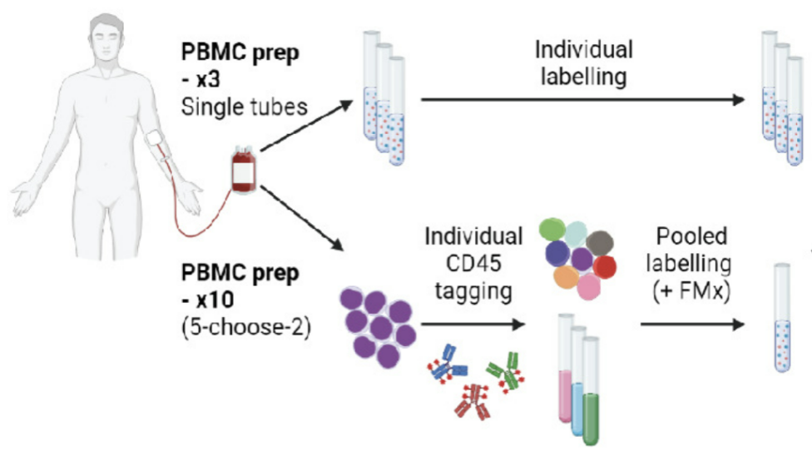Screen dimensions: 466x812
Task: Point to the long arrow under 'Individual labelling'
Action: (582, 100)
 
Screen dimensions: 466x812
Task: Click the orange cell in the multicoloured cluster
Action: (568, 278)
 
